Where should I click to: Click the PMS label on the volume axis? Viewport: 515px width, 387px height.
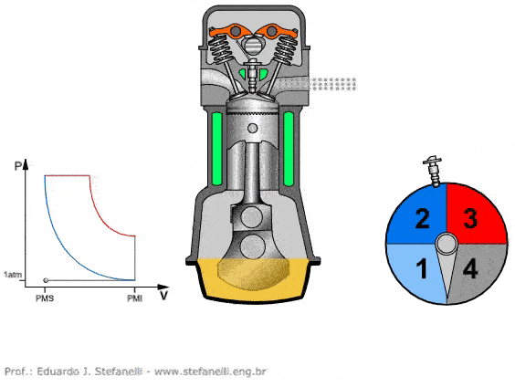(45, 298)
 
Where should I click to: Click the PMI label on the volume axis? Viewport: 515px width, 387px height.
(135, 298)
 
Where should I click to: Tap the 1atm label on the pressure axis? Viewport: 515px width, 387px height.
(13, 275)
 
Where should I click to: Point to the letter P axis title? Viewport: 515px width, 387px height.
(18, 166)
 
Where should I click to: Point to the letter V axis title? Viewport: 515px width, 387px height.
(163, 296)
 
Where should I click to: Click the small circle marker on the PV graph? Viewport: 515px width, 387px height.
(46, 280)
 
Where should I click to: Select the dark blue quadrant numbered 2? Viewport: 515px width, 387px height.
(417, 215)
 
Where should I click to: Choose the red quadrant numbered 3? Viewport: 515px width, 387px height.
(475, 215)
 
